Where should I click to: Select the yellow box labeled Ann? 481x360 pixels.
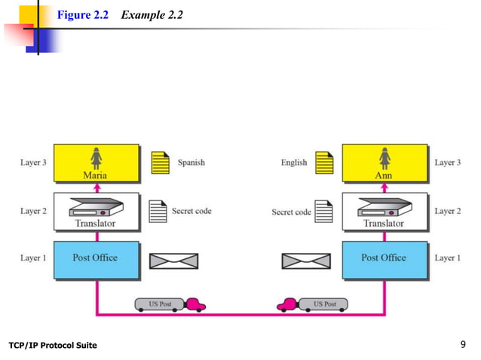click(384, 163)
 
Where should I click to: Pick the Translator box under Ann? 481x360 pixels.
click(384, 212)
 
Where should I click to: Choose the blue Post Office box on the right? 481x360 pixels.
click(384, 259)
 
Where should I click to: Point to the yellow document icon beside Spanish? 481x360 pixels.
click(159, 163)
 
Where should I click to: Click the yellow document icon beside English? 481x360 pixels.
click(324, 163)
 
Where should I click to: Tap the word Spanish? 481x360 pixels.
click(191, 162)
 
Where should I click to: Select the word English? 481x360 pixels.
click(293, 162)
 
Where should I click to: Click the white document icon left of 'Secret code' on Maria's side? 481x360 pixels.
click(158, 212)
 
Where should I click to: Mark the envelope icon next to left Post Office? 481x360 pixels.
click(173, 261)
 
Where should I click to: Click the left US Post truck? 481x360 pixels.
click(170, 304)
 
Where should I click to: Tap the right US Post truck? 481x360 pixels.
click(312, 304)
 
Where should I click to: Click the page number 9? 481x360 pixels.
click(463, 345)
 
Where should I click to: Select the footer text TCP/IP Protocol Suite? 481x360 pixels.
click(53, 346)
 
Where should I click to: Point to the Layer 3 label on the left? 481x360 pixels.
click(33, 162)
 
